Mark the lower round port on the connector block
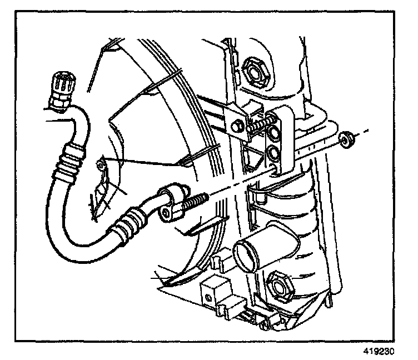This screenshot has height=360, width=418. pos(273,153)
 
